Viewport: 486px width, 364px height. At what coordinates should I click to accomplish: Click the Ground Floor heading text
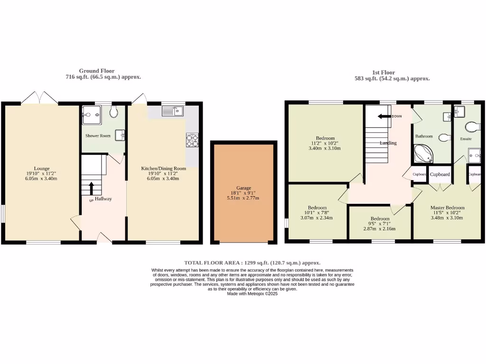pyautogui.click(x=96, y=71)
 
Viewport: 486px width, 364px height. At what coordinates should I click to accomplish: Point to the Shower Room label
pyautogui.click(x=98, y=136)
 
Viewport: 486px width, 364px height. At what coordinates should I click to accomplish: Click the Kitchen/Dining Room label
pyautogui.click(x=163, y=168)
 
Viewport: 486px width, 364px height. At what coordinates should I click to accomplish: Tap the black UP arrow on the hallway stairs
pyautogui.click(x=91, y=188)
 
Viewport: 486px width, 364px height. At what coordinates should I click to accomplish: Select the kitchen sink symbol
pyautogui.click(x=173, y=111)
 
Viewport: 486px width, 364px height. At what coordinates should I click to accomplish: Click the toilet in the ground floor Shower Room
pyautogui.click(x=114, y=112)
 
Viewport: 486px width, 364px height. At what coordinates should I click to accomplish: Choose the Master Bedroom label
pyautogui.click(x=447, y=208)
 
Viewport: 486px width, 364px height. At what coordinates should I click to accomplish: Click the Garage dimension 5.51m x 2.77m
pyautogui.click(x=244, y=198)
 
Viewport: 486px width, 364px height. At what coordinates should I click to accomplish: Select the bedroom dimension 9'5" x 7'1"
pyautogui.click(x=380, y=224)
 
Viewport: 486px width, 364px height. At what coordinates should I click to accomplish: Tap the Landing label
pyautogui.click(x=388, y=143)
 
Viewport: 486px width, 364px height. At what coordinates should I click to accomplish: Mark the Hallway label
pyautogui.click(x=103, y=199)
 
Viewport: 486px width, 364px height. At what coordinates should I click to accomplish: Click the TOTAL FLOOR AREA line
pyautogui.click(x=252, y=263)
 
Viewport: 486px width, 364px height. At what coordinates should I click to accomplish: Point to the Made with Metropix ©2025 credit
pyautogui.click(x=252, y=294)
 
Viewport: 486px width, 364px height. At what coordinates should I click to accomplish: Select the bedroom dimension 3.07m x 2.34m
pyautogui.click(x=317, y=218)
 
